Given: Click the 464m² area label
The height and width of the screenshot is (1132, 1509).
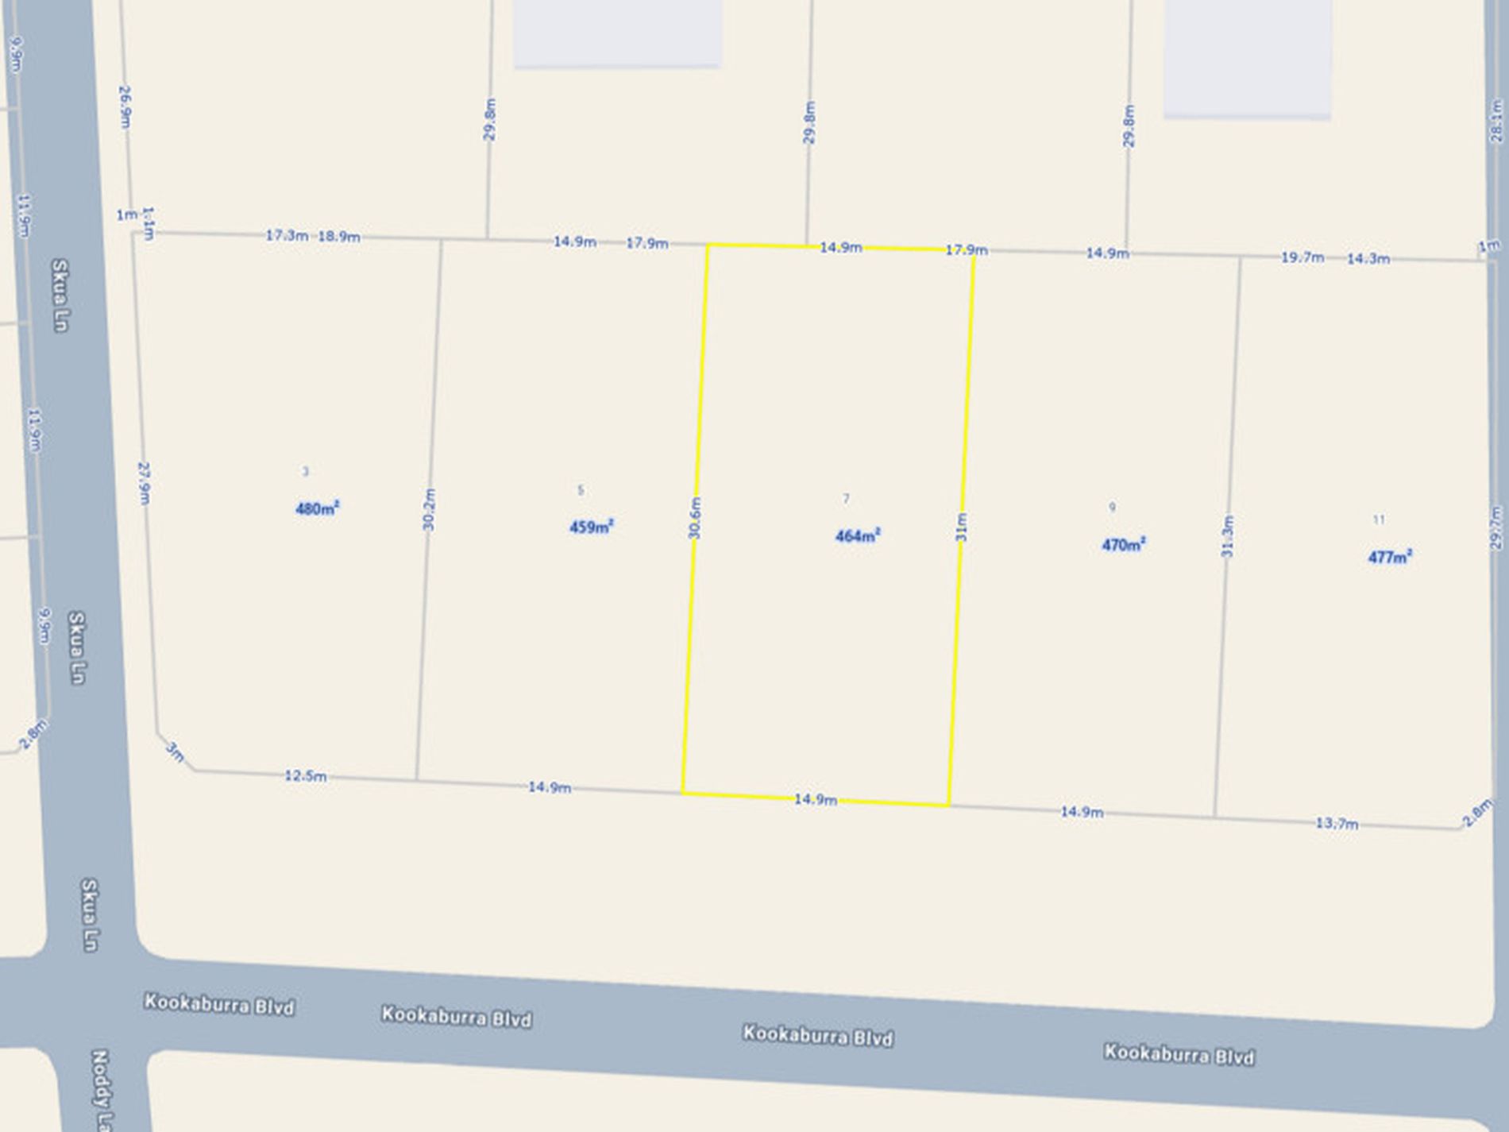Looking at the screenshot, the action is (x=857, y=536).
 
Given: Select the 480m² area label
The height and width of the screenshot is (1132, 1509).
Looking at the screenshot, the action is (x=317, y=508).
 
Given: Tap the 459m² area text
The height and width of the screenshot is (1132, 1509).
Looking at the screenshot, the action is (x=591, y=527).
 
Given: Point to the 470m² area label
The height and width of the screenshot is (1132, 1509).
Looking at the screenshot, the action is (x=1123, y=545).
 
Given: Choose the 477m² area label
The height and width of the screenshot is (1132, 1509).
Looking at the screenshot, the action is (x=1389, y=557).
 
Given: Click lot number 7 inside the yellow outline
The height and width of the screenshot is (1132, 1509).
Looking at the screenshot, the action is (x=846, y=499).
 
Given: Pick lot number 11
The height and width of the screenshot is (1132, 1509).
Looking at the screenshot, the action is (x=1379, y=520).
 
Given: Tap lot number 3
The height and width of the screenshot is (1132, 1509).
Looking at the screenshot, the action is (x=305, y=471).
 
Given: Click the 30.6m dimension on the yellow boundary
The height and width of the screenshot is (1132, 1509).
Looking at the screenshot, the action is (x=695, y=518).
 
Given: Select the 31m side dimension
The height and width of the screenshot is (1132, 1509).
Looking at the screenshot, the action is (x=961, y=527).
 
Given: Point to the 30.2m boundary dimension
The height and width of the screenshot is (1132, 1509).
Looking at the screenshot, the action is (x=429, y=509).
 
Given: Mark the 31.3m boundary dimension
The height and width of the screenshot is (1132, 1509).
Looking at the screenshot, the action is (x=1228, y=536).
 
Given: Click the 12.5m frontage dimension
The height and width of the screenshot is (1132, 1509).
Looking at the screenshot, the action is (x=305, y=776).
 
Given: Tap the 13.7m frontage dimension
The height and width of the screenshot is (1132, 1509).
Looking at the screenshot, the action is (x=1337, y=824).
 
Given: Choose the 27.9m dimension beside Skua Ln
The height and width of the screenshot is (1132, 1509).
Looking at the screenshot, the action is (x=144, y=482).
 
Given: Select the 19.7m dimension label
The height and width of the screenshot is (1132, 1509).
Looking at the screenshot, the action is (x=1302, y=257).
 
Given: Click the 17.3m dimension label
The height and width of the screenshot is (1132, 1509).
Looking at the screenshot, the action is (x=286, y=236).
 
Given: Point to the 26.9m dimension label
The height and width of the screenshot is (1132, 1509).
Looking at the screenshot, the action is (x=125, y=107).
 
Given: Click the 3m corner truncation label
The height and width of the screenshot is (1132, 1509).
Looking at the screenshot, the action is (x=175, y=751).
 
